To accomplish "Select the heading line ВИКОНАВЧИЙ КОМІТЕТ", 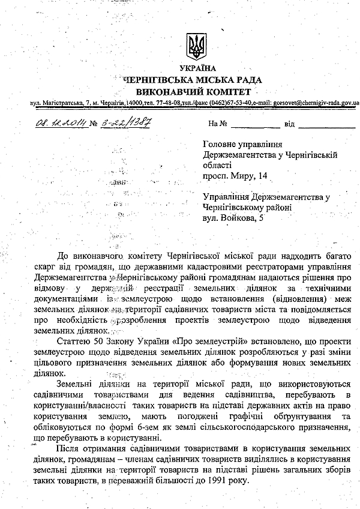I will click(x=194, y=92).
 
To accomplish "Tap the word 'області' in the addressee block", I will click(x=217, y=165).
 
